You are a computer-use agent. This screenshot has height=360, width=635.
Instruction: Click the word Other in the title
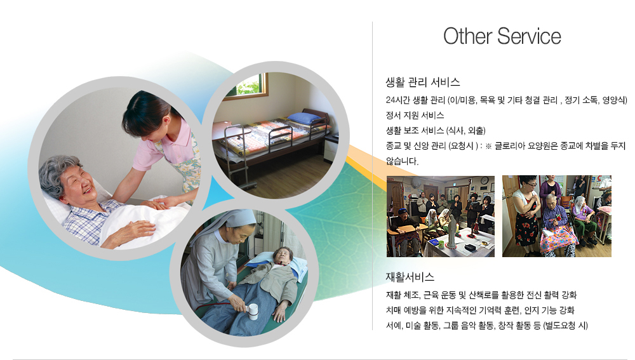click(x=467, y=36)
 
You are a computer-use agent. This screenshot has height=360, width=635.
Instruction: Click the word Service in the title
click(x=529, y=36)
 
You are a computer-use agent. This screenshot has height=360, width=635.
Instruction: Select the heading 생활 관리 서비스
click(x=423, y=82)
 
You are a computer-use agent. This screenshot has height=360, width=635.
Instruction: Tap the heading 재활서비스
click(x=410, y=277)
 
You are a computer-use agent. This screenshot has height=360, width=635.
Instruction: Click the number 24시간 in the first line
click(x=398, y=100)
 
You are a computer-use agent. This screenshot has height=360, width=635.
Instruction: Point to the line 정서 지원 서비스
click(x=415, y=116)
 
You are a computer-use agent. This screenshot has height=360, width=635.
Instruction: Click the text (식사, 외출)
click(x=465, y=131)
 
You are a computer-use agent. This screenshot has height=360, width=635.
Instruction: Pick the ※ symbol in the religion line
click(x=488, y=146)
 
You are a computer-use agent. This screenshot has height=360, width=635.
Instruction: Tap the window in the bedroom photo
click(x=252, y=86)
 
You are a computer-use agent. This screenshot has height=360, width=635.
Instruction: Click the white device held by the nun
click(x=253, y=311)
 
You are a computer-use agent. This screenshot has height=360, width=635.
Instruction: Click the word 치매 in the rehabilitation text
click(x=392, y=310)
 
